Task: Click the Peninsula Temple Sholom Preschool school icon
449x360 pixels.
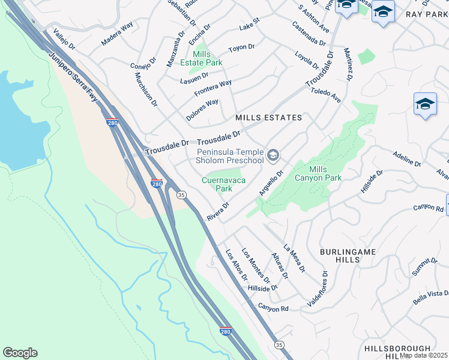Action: click(274, 156)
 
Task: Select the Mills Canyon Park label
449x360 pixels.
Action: click(318, 174)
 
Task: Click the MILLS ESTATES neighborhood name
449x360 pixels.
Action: click(268, 118)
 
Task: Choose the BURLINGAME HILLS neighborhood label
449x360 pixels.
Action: click(348, 256)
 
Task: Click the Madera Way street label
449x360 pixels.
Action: click(117, 43)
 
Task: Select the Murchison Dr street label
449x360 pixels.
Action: click(146, 90)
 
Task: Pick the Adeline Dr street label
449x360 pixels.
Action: click(406, 160)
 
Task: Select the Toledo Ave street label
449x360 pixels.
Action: click(325, 95)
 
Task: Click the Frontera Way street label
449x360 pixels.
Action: click(212, 88)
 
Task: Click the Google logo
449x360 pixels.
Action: click(20, 353)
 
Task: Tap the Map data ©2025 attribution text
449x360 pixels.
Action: click(424, 355)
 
